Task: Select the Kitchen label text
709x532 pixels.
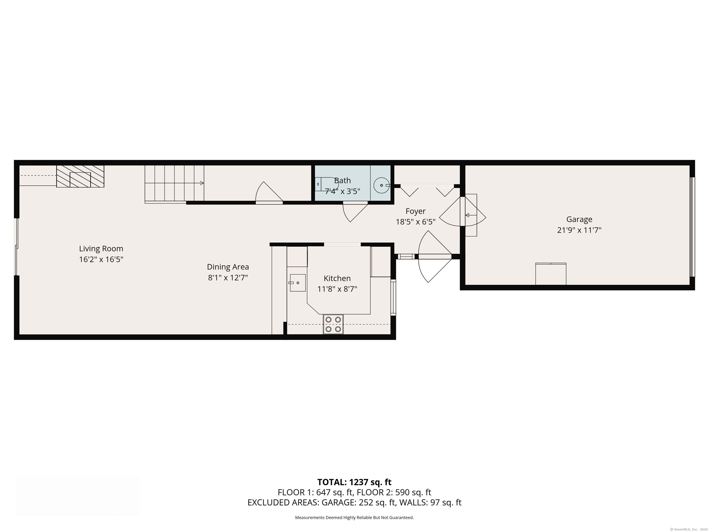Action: coord(337,278)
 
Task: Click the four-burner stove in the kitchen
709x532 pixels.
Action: coord(333,324)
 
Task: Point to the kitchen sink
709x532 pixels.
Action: coord(298,283)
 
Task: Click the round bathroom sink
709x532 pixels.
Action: coord(382,185)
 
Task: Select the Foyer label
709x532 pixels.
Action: coord(415,211)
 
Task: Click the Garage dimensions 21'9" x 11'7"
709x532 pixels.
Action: coord(579,230)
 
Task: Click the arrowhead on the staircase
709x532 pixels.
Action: coord(202,183)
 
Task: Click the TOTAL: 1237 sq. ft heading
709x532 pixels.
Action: coord(354,482)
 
